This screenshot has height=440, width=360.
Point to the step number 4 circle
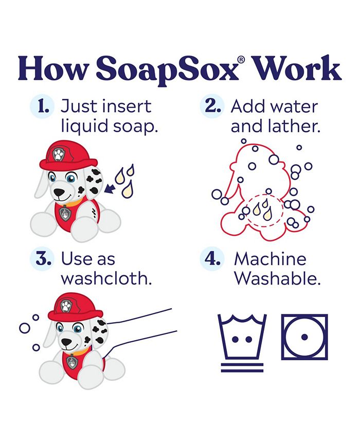[x=212, y=259]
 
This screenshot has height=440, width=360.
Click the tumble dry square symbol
[x=304, y=337]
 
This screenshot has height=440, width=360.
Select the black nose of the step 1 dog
[x=61, y=192]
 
